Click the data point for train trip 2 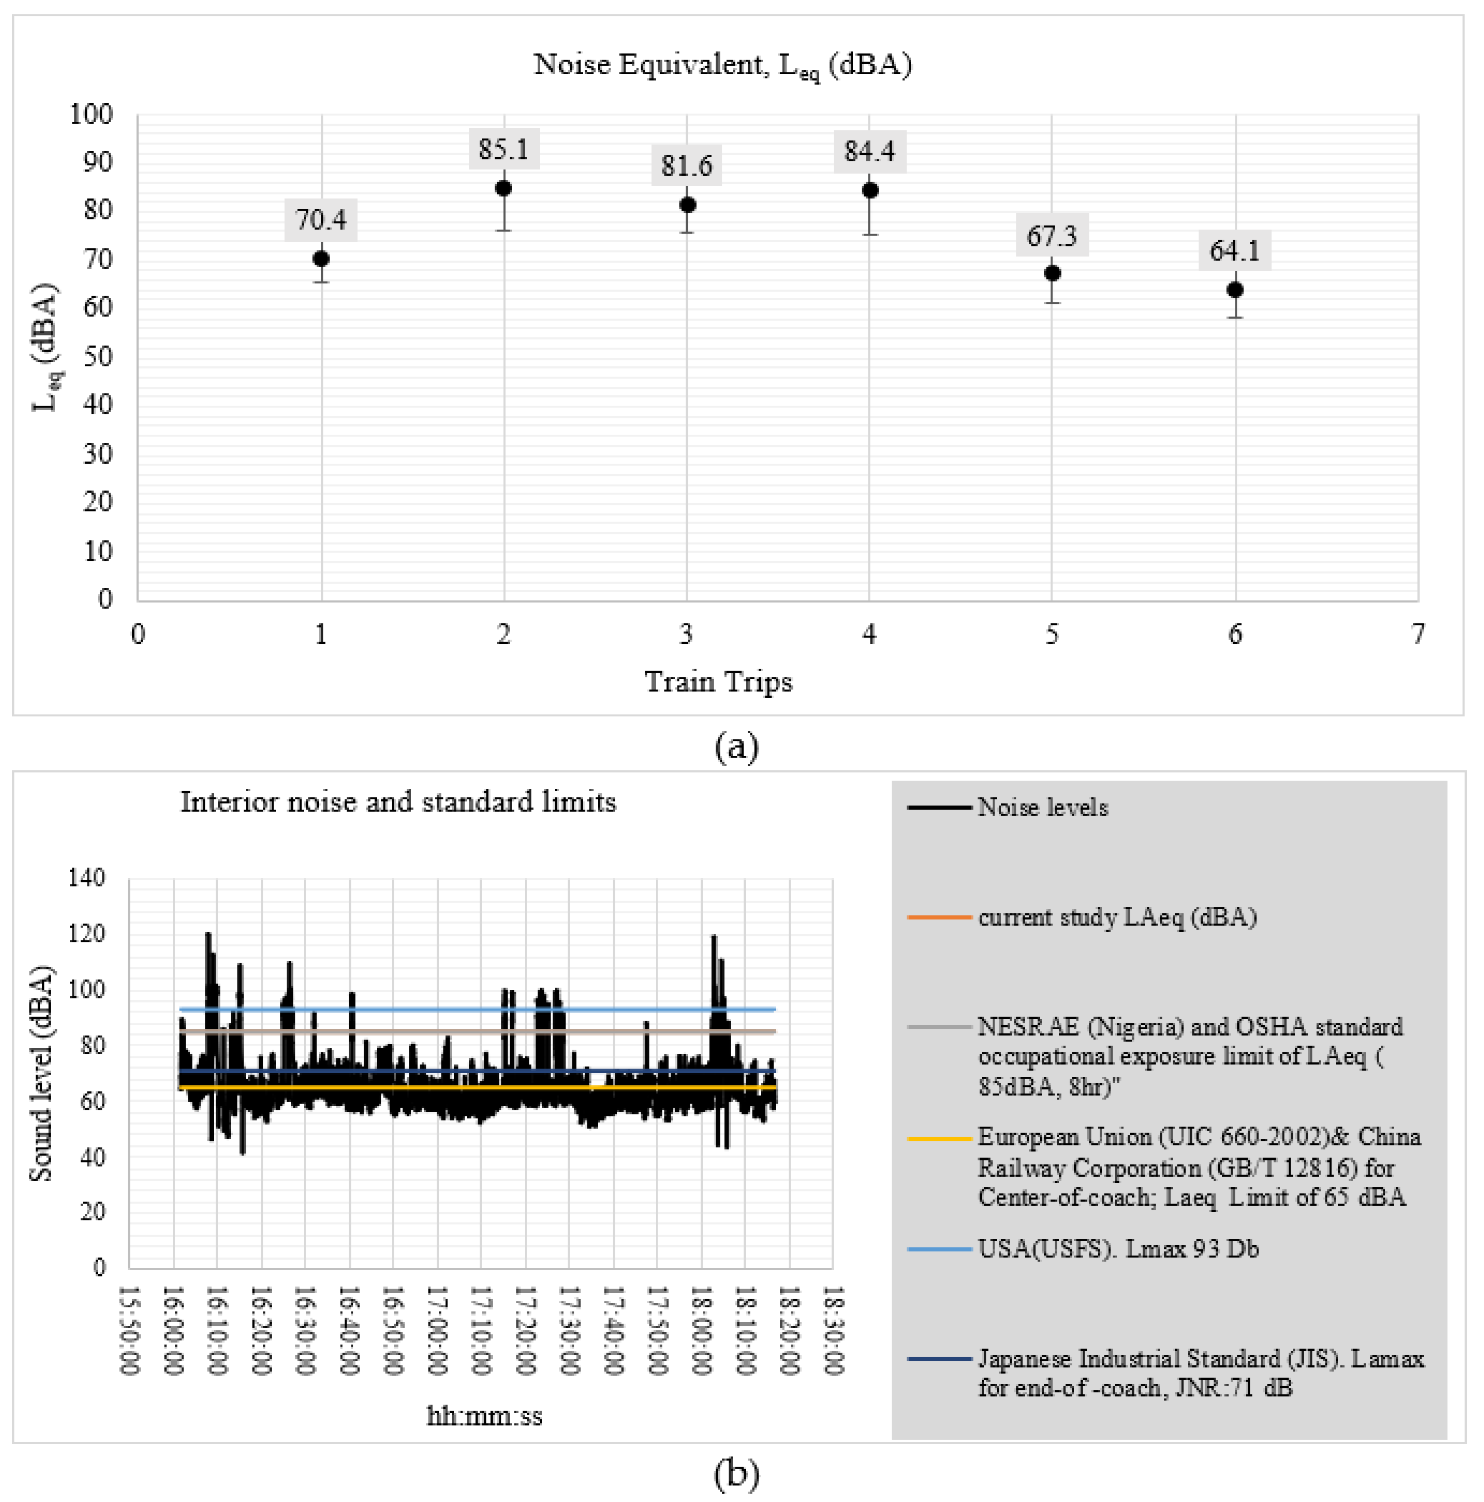(x=504, y=188)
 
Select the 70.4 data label (x=321, y=220)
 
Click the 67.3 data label (x=1052, y=235)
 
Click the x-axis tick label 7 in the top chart (x=1418, y=634)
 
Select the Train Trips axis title (x=718, y=682)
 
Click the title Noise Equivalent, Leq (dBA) (x=722, y=65)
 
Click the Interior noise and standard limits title (x=398, y=801)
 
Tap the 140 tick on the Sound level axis (x=86, y=878)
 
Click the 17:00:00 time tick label (x=437, y=1330)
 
